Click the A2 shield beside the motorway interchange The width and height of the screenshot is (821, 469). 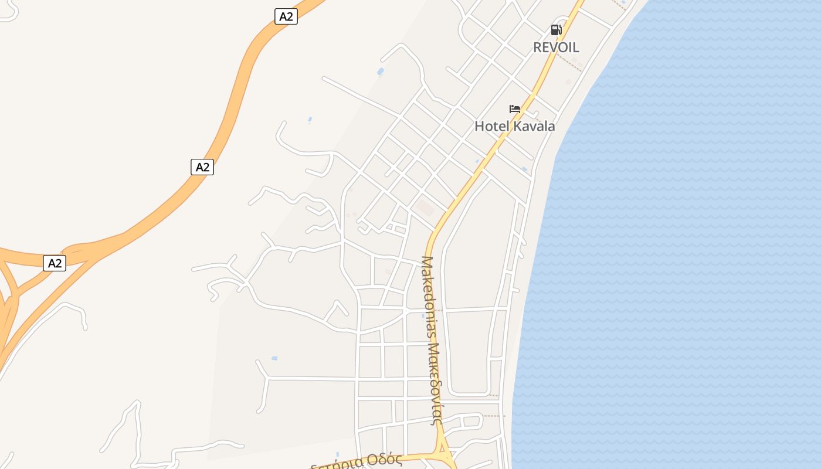click(55, 263)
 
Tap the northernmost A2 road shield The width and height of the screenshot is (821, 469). click(286, 16)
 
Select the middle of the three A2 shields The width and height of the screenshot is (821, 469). click(202, 167)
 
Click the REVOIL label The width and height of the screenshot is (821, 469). click(556, 47)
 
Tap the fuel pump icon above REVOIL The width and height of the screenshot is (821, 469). click(556, 30)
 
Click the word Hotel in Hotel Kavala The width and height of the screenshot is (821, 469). click(491, 126)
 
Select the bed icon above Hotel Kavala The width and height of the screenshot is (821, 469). click(515, 109)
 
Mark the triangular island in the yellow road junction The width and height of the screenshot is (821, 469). click(443, 454)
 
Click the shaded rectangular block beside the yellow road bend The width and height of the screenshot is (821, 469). click(425, 208)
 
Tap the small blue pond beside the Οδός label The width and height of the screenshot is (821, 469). click(337, 454)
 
